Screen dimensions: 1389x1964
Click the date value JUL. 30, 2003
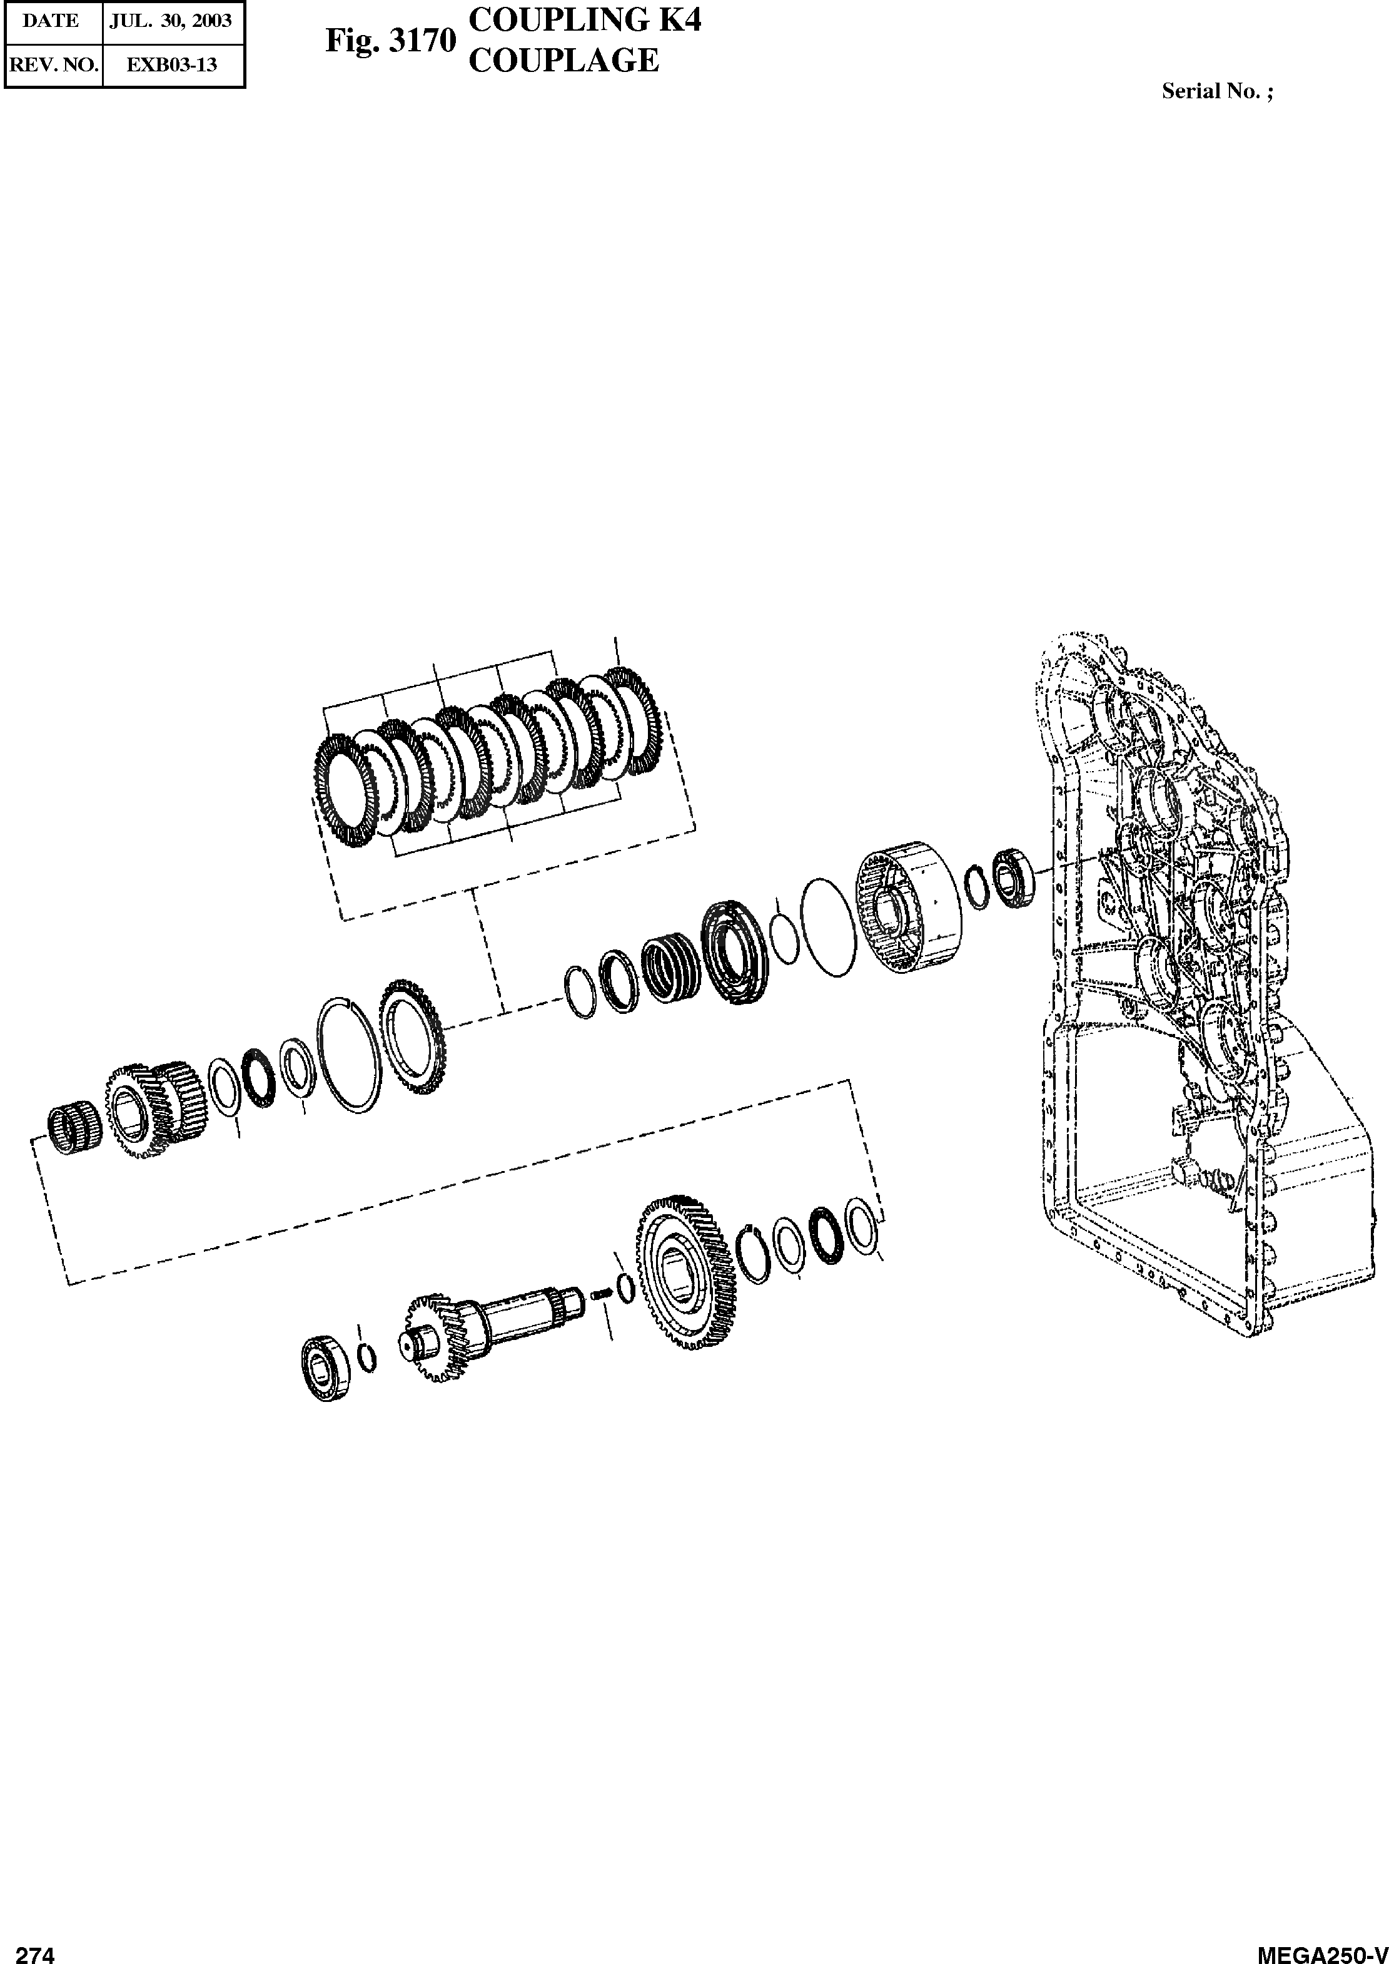click(171, 21)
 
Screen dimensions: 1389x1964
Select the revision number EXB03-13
click(172, 65)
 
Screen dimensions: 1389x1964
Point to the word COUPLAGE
click(565, 61)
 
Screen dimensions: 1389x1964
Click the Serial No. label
click(1217, 91)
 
